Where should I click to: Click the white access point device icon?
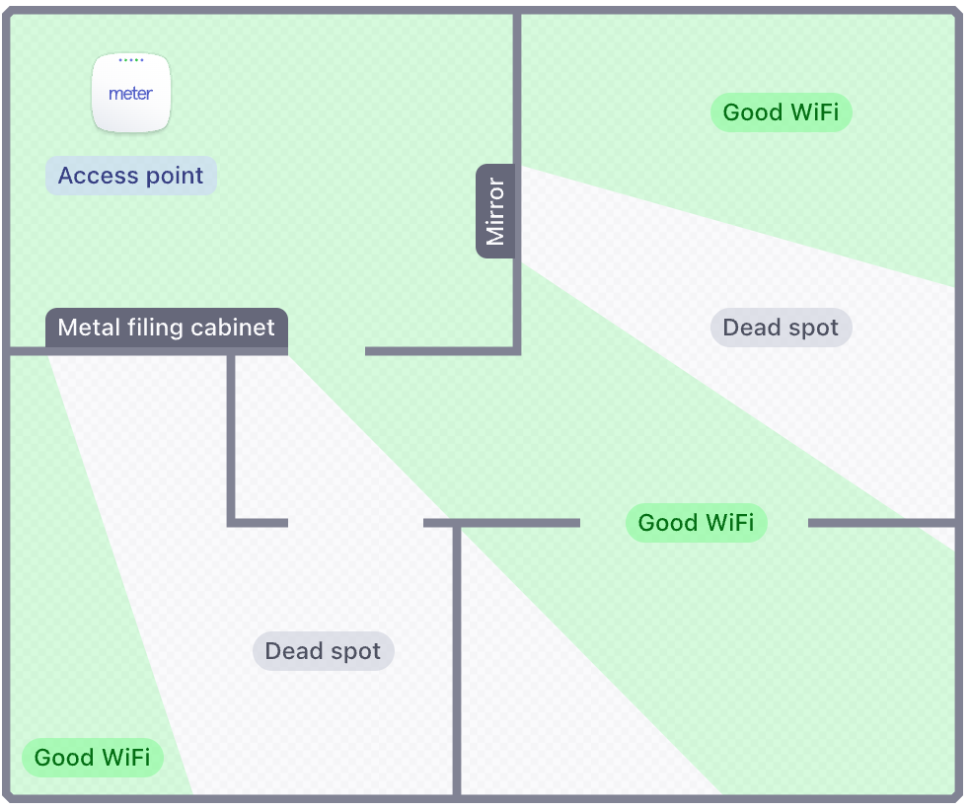[x=131, y=93]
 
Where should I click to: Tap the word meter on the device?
[x=131, y=95]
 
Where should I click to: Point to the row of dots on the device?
[x=131, y=60]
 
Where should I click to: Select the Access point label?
[x=131, y=176]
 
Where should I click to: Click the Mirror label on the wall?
[x=495, y=211]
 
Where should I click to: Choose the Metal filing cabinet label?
[x=166, y=328]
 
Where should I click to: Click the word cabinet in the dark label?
[x=233, y=328]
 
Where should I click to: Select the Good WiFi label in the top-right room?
[x=781, y=112]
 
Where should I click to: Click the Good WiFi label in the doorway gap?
[x=696, y=522]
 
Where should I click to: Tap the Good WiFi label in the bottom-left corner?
[x=92, y=758]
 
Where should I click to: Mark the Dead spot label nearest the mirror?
[x=781, y=328]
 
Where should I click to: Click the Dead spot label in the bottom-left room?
[x=323, y=651]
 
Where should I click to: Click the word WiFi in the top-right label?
[x=813, y=112]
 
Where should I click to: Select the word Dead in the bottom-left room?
[x=293, y=651]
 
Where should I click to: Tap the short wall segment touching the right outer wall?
[x=881, y=522]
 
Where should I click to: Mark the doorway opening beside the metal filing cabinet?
[x=326, y=350]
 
